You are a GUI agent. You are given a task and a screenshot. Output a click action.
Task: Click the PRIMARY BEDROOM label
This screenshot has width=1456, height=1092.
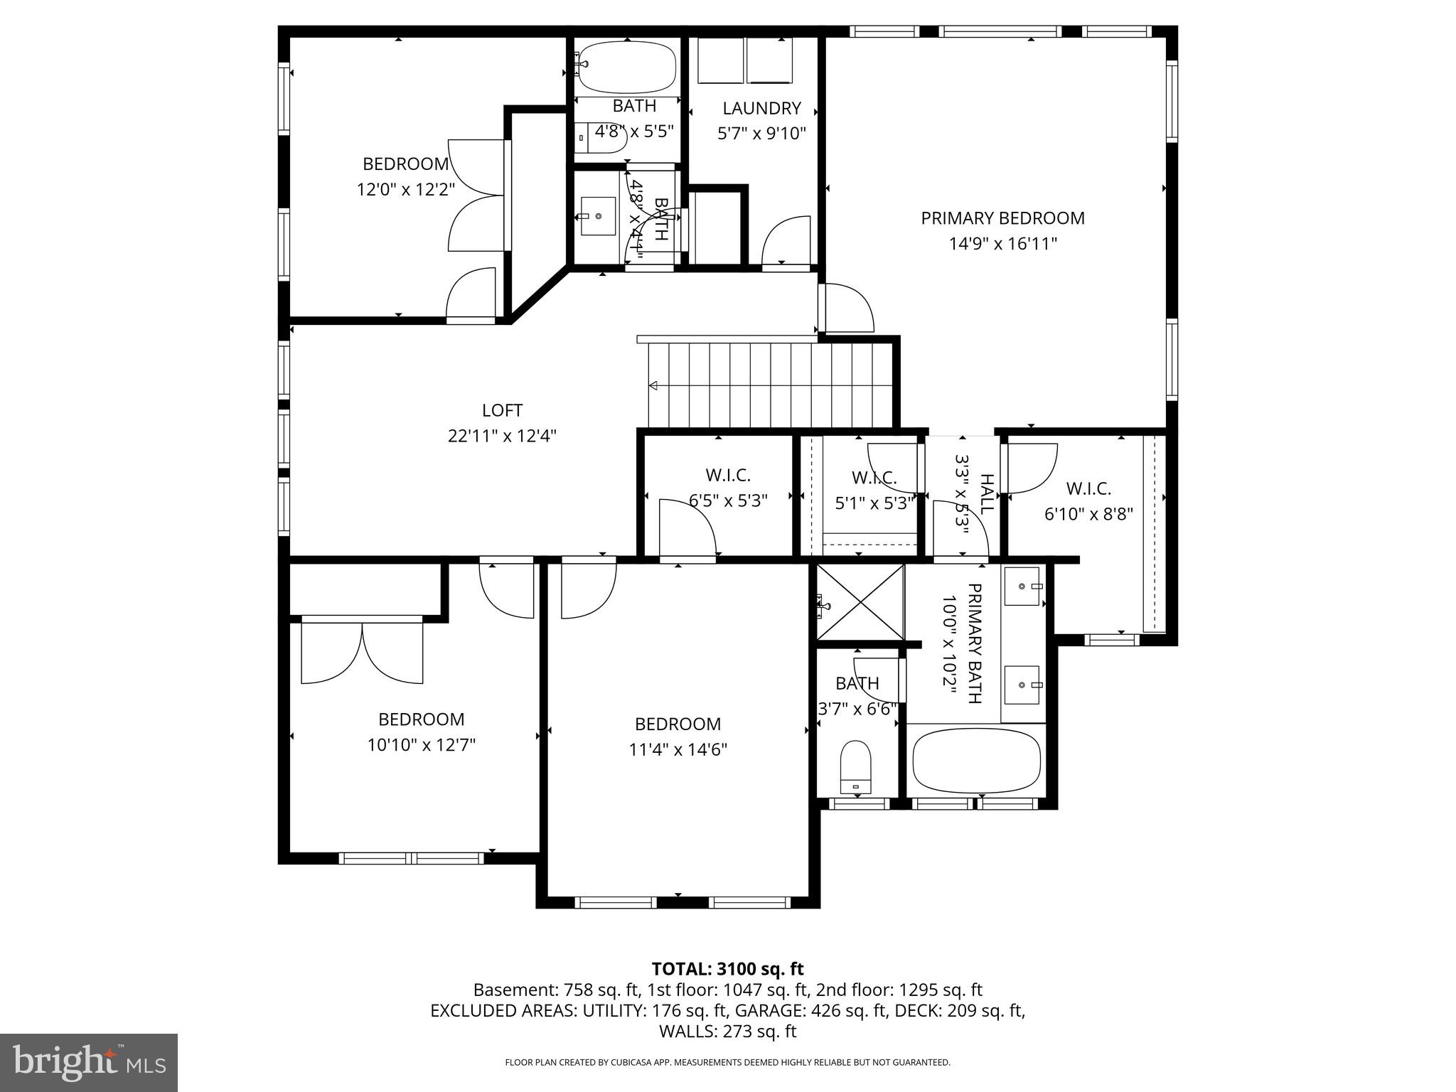click(x=1002, y=218)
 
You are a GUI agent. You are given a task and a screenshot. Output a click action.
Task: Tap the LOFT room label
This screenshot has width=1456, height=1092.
click(x=502, y=410)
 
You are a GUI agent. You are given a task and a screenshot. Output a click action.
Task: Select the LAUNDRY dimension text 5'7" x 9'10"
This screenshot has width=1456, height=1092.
click(x=761, y=134)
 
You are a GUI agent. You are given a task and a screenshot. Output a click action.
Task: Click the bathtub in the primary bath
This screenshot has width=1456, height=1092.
click(x=975, y=762)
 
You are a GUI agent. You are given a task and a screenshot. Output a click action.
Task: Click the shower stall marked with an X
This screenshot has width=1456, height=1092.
click(x=861, y=601)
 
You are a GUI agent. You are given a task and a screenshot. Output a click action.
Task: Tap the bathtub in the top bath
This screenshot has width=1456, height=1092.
click(x=626, y=68)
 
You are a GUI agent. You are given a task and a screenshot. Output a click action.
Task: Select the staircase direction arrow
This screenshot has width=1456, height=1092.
click(x=653, y=386)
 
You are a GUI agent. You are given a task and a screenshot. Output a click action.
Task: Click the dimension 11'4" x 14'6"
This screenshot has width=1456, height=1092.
click(x=678, y=749)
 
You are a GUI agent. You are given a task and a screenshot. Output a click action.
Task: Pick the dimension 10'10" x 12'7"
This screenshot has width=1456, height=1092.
click(x=421, y=745)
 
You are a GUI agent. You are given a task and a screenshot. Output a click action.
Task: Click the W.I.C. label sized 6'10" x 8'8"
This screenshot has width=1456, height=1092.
click(x=1088, y=488)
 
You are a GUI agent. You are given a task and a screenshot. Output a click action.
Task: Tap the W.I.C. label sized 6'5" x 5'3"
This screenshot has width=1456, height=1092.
click(x=728, y=475)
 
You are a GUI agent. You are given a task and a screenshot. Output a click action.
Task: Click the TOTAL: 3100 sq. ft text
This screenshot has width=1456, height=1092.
click(x=727, y=969)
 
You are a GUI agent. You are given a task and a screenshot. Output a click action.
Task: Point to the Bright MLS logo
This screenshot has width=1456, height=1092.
click(x=89, y=1062)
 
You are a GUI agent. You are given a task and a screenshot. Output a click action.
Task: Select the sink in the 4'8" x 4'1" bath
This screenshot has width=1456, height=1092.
click(x=598, y=216)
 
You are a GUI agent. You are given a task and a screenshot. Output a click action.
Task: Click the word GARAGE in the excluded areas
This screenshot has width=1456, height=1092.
click(x=765, y=1010)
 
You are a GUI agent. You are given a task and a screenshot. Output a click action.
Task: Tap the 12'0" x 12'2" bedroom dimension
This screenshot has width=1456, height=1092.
click(x=405, y=190)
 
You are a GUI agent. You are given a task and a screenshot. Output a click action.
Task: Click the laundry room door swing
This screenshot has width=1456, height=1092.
click(x=786, y=242)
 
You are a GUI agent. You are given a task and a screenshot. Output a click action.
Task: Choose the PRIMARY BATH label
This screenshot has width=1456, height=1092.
click(x=974, y=643)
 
